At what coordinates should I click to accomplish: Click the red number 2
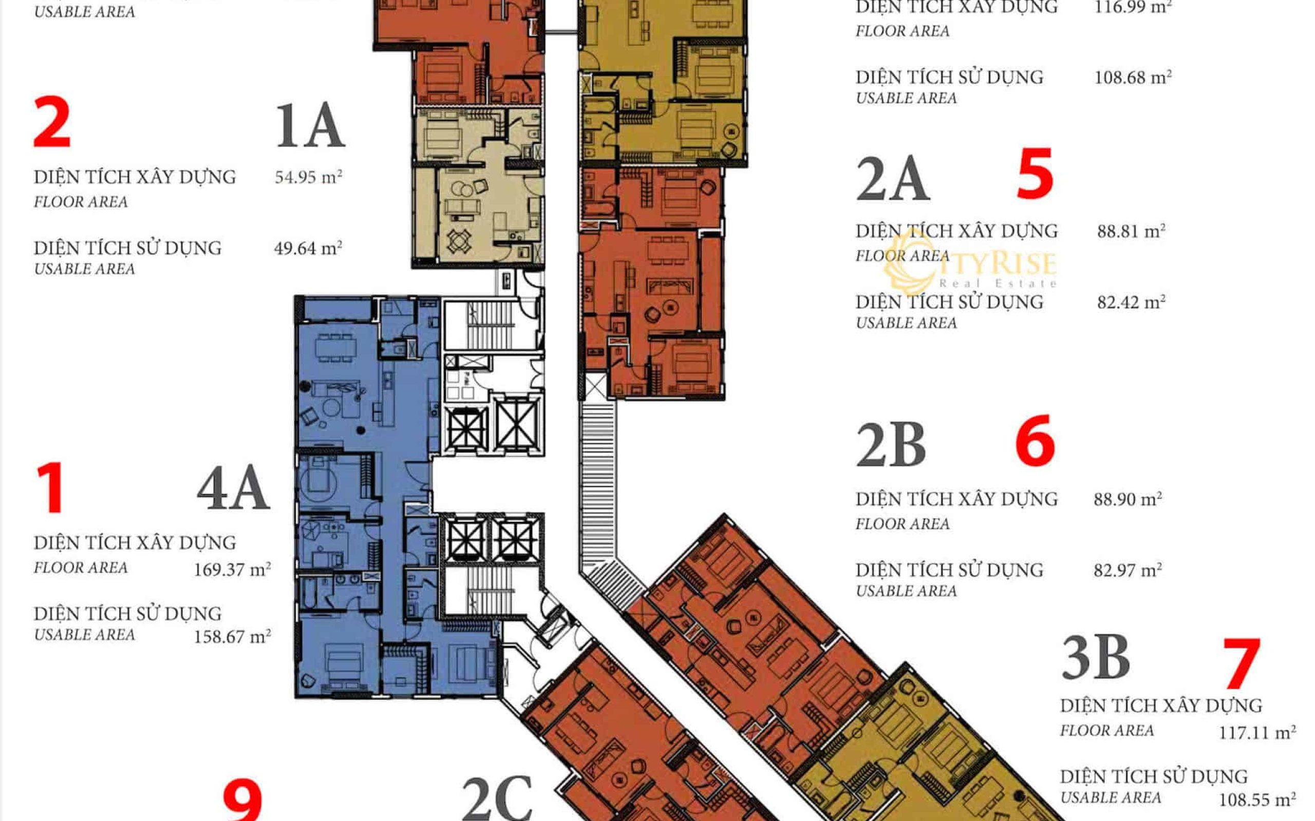pyautogui.click(x=52, y=122)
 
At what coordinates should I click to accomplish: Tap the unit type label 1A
pyautogui.click(x=310, y=126)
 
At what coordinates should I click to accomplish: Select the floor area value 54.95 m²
pyautogui.click(x=308, y=177)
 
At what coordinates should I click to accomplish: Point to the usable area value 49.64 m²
pyautogui.click(x=308, y=248)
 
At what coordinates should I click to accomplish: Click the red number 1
pyautogui.click(x=50, y=487)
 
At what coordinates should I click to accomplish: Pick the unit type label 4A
pyautogui.click(x=233, y=488)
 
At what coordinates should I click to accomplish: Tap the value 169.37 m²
pyautogui.click(x=233, y=570)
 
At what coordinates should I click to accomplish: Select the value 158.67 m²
pyautogui.click(x=233, y=636)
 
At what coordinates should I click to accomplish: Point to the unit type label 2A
pyautogui.click(x=893, y=179)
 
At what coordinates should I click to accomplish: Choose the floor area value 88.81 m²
pyautogui.click(x=1131, y=231)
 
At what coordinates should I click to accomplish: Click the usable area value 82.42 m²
pyautogui.click(x=1131, y=302)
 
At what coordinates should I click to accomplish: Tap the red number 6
pyautogui.click(x=1035, y=440)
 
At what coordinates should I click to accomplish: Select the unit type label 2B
pyautogui.click(x=891, y=445)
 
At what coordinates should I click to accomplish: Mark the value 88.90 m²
pyautogui.click(x=1128, y=499)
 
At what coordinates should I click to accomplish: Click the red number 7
pyautogui.click(x=1242, y=663)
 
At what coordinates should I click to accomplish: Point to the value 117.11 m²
pyautogui.click(x=1257, y=733)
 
